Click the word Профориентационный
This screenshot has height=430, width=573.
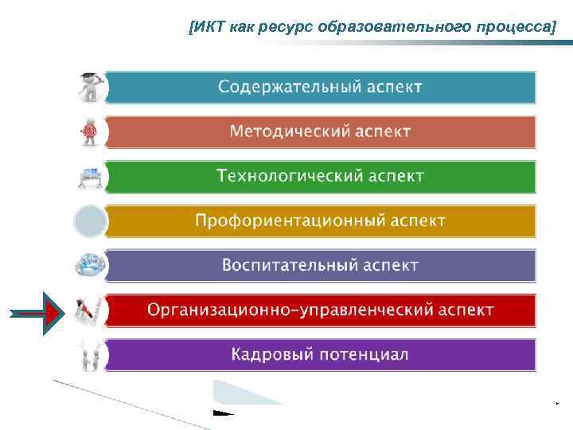(287, 220)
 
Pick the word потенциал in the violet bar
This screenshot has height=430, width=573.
(365, 354)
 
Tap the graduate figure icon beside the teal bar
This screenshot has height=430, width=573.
(89, 87)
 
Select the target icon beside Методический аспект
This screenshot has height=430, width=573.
(89, 131)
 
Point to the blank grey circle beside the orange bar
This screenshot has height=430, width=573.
(89, 221)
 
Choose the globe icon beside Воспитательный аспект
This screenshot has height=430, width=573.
(89, 265)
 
